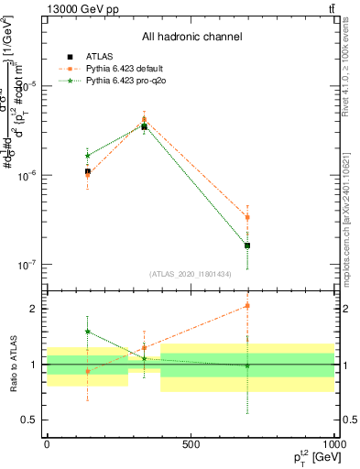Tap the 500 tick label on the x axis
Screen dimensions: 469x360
(x=191, y=444)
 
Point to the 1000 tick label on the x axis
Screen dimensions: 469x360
(x=334, y=444)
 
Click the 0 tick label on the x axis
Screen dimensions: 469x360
(x=47, y=444)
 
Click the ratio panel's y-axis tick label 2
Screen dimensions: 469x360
(x=32, y=309)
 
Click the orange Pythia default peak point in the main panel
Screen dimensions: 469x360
(x=144, y=119)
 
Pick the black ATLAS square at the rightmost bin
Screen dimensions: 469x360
(x=247, y=245)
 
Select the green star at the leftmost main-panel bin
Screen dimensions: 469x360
(x=87, y=156)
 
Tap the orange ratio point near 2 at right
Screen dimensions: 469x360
(x=247, y=306)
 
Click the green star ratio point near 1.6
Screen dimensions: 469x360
(x=87, y=332)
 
